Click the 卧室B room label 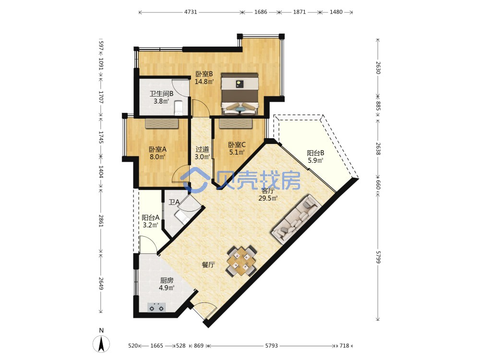click(204, 74)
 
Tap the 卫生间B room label click(161, 94)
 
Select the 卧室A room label click(157, 149)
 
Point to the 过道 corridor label click(203, 149)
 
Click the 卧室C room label click(237, 144)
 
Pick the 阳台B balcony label click(316, 153)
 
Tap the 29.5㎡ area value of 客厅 click(268, 198)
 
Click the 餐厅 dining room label click(208, 265)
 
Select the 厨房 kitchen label click(167, 280)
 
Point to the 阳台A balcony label click(150, 217)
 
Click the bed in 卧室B click(240, 94)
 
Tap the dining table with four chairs click(241, 261)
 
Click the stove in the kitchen click(156, 307)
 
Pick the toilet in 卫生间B click(178, 108)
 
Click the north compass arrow click(101, 344)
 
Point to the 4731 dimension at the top click(191, 12)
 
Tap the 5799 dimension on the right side click(378, 257)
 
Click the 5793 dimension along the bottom click(271, 346)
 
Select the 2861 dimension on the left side click(101, 221)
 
